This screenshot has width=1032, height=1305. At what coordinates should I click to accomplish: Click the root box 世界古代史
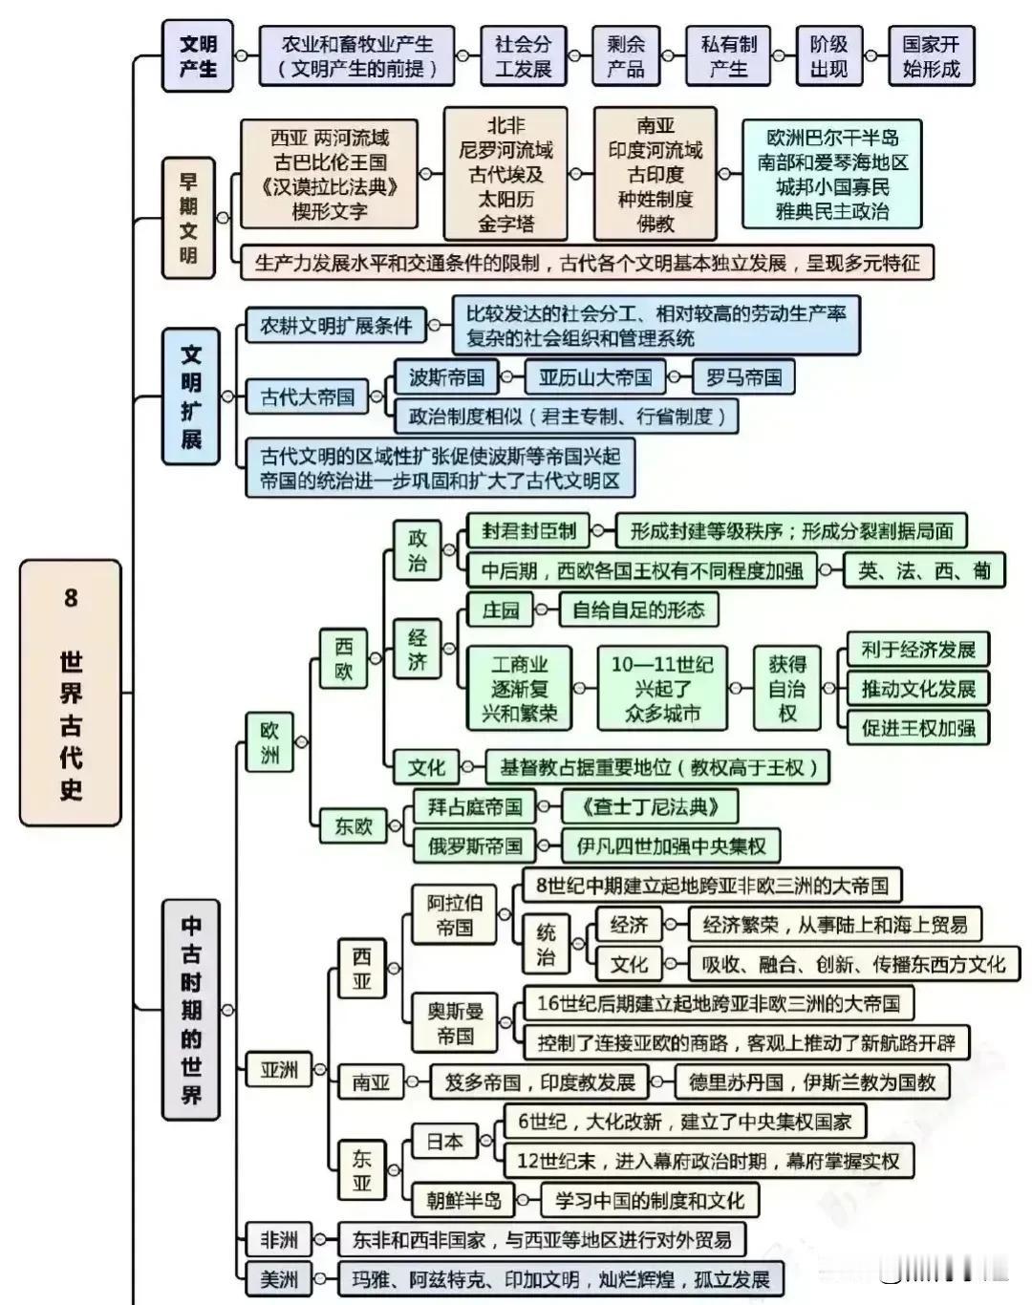[x=71, y=692]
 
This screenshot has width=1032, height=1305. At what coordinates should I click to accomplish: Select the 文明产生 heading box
[x=197, y=55]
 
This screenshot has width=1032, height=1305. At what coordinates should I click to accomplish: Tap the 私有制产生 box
[x=728, y=55]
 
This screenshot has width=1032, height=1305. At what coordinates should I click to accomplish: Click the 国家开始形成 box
[x=932, y=55]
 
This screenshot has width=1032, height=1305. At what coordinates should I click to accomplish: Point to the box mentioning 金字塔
[x=505, y=174]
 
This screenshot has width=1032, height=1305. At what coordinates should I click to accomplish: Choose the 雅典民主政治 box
[x=831, y=174]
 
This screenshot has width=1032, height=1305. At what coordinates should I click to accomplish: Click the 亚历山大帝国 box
[x=595, y=377]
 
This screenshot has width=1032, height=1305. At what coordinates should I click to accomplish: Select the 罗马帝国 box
[x=743, y=377]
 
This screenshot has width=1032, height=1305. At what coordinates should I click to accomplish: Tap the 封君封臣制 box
[x=527, y=531]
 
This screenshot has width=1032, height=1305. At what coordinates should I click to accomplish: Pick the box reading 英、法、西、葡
[x=924, y=570]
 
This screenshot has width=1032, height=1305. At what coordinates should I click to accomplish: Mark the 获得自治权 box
[x=786, y=688]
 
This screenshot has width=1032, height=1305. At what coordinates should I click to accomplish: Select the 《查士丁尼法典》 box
[x=650, y=806]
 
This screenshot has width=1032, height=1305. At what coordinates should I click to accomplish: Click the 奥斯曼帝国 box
[x=455, y=1023]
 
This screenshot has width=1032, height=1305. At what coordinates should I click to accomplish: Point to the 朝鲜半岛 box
[x=462, y=1200]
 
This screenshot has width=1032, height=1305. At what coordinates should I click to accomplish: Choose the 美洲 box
[x=278, y=1279]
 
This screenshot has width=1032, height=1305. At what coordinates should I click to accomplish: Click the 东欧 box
[x=354, y=826]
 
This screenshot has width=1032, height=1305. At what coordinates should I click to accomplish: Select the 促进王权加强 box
[x=918, y=727]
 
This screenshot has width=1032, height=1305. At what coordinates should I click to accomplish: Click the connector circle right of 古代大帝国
[x=376, y=396]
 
